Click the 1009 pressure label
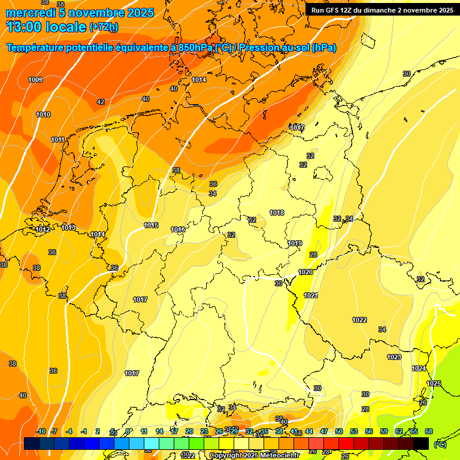35,80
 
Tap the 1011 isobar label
57,140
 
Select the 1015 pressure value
151,225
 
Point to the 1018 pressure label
277,213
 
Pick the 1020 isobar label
305,272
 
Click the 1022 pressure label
359,320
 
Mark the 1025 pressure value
434,383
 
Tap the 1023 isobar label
394,357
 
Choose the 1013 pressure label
68,228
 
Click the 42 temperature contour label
101,102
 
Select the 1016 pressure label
178,229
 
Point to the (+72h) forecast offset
104,27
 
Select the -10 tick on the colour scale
41,431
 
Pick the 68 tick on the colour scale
429,431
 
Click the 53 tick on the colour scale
354,431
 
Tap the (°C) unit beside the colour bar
440,444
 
